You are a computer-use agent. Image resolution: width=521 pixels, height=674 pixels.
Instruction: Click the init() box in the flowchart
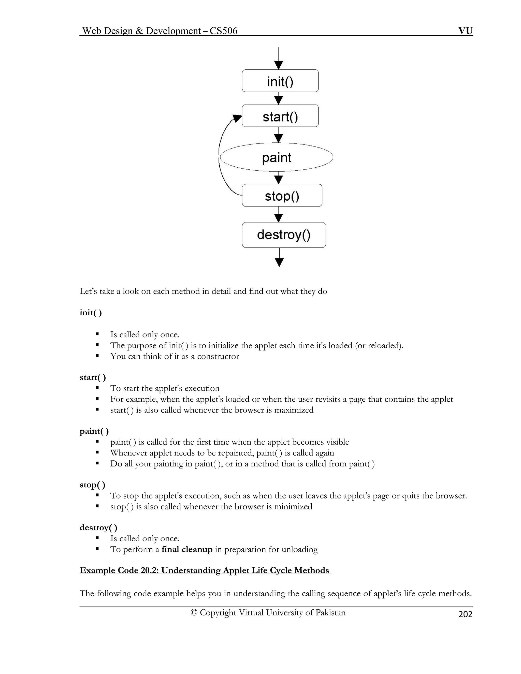point(280,81)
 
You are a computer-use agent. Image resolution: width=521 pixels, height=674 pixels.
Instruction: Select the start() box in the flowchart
point(280,116)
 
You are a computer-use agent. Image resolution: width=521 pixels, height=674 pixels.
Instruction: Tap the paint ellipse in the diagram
point(277,157)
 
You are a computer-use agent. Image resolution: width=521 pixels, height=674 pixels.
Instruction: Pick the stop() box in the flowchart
point(282,195)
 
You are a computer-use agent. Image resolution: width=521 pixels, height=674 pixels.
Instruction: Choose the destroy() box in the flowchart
point(284,235)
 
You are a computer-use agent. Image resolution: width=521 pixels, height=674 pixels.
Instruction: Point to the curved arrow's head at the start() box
point(237,118)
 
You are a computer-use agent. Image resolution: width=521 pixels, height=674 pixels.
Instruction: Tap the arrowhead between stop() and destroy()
point(279,218)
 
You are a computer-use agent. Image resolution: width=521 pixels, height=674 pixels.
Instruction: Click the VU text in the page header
point(465,31)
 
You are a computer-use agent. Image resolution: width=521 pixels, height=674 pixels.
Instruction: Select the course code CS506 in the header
point(223,31)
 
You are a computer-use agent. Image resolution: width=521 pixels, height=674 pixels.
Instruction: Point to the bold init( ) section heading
point(90,313)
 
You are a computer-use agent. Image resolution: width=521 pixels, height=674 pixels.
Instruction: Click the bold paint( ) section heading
point(94,431)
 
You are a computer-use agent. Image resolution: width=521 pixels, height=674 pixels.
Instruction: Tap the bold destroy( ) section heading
point(98,528)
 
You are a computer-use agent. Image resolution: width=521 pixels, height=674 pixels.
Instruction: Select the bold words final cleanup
point(187,549)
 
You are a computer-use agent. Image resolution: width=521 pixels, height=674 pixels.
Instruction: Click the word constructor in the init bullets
point(218,356)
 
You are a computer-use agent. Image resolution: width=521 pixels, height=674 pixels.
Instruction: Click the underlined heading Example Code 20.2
point(205,570)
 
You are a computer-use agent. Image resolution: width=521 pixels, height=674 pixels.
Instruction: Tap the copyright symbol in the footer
point(194,613)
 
